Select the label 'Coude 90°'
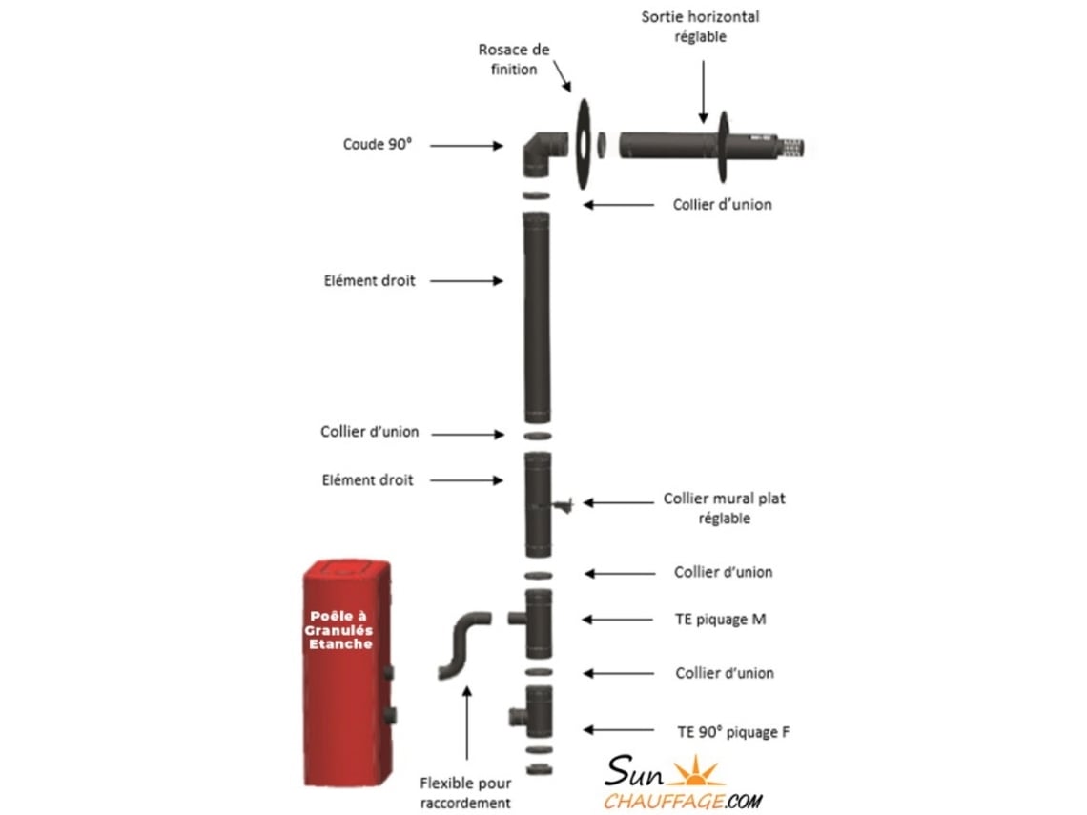pos(378,145)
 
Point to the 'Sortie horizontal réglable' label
pos(701,27)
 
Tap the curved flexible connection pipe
pos(461,644)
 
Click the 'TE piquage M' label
pos(714,619)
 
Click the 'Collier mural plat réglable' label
pos(725,508)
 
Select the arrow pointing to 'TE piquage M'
pos(616,620)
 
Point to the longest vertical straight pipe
pos(538,319)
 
